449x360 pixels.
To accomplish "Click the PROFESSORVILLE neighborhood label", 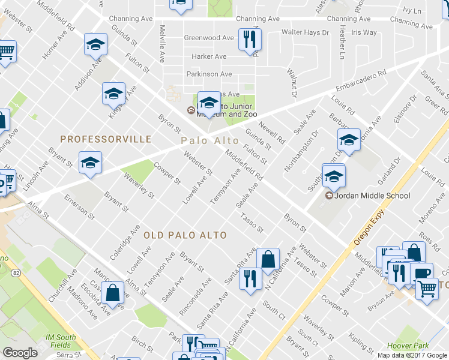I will click(x=106, y=139).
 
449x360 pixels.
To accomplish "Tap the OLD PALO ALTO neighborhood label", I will click(x=185, y=235).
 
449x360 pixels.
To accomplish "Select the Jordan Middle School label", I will click(x=367, y=196).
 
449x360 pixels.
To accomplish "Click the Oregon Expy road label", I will click(x=366, y=230).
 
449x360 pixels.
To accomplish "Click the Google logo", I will click(x=20, y=353).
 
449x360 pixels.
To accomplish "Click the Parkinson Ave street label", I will click(x=208, y=74).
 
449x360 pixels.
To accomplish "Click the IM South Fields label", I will click(x=59, y=341).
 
